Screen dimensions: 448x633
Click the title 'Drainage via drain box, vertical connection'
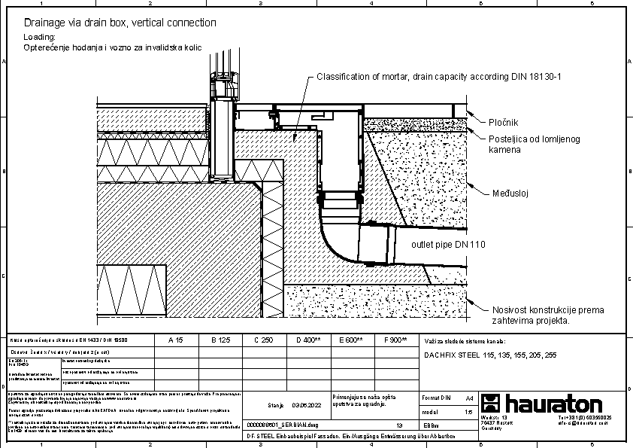click(120, 23)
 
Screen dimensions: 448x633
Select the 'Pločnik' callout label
click(503, 122)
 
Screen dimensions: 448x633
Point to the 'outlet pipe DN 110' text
click(448, 245)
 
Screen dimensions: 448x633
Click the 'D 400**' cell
click(308, 340)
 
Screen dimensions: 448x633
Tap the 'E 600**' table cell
click(351, 340)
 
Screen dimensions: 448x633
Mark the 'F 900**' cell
click(395, 340)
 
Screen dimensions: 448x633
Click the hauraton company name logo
click(552, 403)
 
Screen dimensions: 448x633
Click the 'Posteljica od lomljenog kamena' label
click(524, 145)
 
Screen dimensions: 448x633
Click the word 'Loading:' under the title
click(40, 37)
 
